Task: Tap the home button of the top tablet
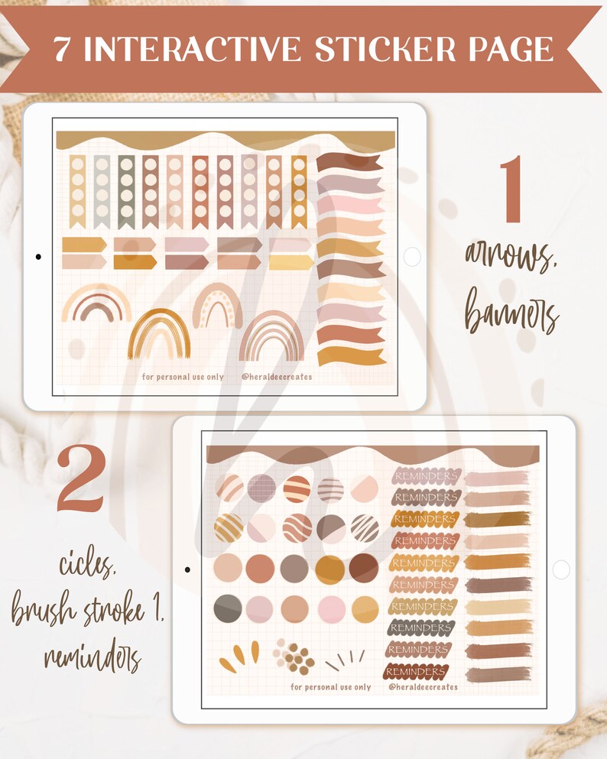411,257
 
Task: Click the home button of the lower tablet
560,569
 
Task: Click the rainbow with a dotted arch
218,306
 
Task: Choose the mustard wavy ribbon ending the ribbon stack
350,356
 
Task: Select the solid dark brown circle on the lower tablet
363,568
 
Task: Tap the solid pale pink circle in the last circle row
331,609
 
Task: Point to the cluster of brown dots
296,657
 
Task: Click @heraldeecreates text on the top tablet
276,377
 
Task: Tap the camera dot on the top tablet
38,257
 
